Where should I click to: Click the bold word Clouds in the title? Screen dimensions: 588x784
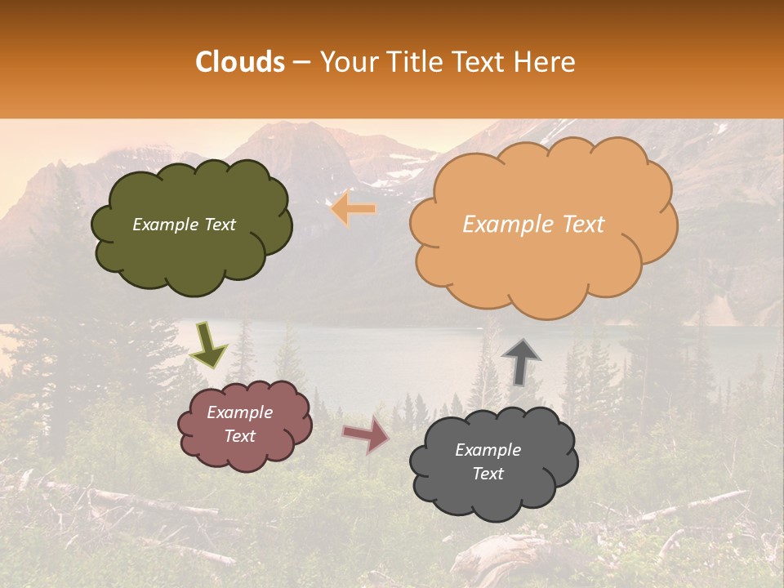click(x=240, y=62)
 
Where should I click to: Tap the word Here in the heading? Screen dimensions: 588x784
click(x=546, y=62)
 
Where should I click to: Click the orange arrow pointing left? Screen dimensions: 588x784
click(x=354, y=209)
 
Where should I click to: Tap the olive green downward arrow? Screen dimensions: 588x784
click(x=209, y=345)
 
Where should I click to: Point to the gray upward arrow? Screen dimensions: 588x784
click(x=521, y=361)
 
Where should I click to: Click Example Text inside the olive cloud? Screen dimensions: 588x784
click(x=184, y=225)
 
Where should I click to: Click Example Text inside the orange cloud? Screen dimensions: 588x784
click(x=533, y=225)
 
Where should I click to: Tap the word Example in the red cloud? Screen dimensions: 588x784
click(x=239, y=412)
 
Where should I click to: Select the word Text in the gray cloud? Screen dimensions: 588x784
click(x=488, y=474)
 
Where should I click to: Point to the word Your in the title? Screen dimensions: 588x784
click(x=344, y=62)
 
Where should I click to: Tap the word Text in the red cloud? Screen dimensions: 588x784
click(x=239, y=436)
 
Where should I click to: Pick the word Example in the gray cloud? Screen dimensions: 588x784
click(x=488, y=450)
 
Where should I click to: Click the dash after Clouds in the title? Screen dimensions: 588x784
click(x=301, y=62)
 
